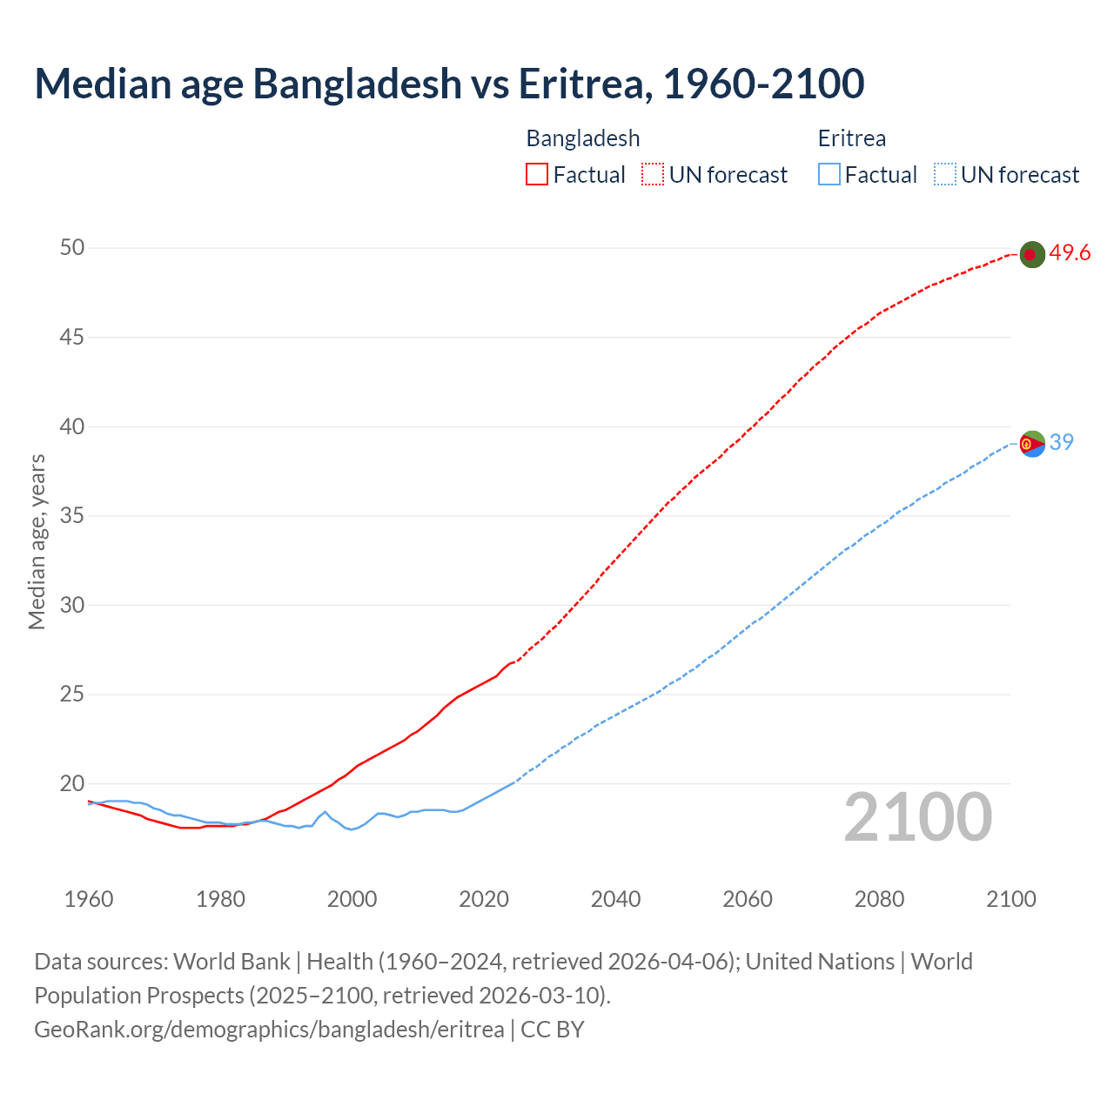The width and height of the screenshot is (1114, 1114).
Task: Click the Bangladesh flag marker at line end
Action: [1031, 254]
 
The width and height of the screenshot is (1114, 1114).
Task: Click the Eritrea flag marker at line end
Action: [1032, 444]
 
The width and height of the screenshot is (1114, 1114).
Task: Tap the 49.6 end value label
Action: [1070, 253]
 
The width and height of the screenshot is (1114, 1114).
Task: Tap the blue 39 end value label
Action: [1062, 442]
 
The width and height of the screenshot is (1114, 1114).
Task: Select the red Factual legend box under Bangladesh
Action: [537, 175]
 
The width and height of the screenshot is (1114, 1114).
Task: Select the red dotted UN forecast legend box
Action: [653, 175]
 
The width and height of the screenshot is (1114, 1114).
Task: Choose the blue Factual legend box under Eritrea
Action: [829, 175]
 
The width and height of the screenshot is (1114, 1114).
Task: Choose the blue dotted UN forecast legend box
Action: [944, 175]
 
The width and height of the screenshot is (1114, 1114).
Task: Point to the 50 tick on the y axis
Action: [72, 248]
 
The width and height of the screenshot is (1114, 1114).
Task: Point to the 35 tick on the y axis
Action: [72, 516]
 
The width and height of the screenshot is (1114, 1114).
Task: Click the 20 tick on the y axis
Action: [72, 783]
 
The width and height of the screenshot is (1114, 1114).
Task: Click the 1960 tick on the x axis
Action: [89, 899]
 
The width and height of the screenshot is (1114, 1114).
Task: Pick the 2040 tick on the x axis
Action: [615, 899]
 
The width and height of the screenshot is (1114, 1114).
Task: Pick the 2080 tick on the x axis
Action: [879, 899]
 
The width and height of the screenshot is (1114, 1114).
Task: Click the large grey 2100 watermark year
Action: [918, 816]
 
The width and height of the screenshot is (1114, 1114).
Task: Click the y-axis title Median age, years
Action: [37, 541]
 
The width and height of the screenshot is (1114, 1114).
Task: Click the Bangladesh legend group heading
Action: [583, 138]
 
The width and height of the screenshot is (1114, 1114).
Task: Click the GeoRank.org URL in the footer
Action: [269, 1030]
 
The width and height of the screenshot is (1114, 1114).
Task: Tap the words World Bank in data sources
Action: [232, 962]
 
